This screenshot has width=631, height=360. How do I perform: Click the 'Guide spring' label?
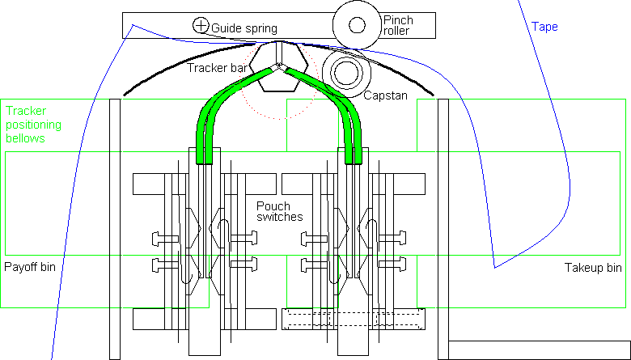[x=244, y=28]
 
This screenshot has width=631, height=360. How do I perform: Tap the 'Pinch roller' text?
[x=398, y=25]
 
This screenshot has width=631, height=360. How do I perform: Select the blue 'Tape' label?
[x=544, y=27]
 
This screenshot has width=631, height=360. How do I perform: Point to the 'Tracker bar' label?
[x=218, y=68]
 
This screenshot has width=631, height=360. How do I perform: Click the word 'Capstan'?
[x=386, y=95]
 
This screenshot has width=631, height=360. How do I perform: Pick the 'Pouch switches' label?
[x=280, y=212]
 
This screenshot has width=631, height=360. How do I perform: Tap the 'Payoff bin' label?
[x=30, y=267]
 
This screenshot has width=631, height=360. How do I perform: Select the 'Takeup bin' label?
[x=593, y=268]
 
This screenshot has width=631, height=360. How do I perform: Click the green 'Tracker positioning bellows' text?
[x=33, y=125]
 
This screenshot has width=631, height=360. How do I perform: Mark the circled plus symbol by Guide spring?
[x=201, y=26]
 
